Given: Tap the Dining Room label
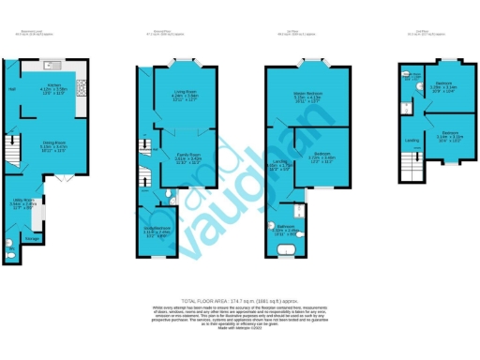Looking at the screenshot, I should click(52, 143).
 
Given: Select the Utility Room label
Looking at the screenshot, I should click(25, 201).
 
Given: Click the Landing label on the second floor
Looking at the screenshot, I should click(411, 141).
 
